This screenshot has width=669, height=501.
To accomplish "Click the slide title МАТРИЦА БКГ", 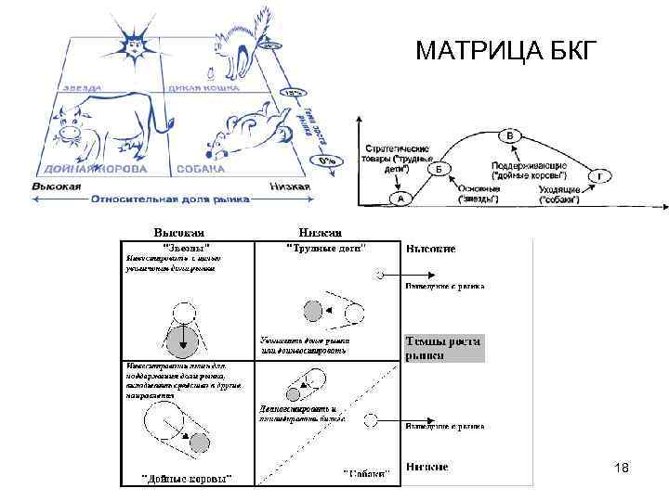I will pyautogui.click(x=502, y=49).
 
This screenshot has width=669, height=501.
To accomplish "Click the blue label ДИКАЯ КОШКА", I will pyautogui.click(x=206, y=88).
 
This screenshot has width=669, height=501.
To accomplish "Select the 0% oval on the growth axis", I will pyautogui.click(x=325, y=160).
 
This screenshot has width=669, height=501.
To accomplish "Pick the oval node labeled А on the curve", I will pyautogui.click(x=400, y=199).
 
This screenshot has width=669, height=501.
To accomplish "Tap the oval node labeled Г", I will pyautogui.click(x=604, y=175).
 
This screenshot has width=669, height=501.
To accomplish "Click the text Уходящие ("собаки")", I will pyautogui.click(x=559, y=194).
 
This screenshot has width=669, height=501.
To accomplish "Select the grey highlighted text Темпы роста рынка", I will pyautogui.click(x=442, y=348).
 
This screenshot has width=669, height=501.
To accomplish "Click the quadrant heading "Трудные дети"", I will pyautogui.click(x=324, y=248).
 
